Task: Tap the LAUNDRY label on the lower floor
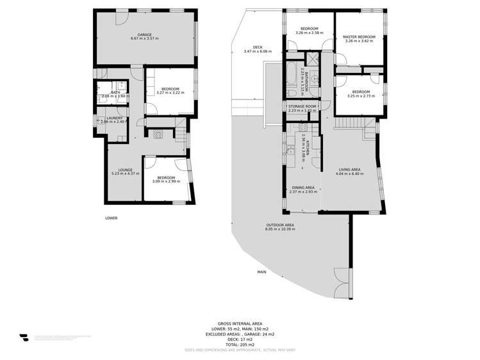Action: click(115, 118)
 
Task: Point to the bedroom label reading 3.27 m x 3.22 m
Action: click(170, 92)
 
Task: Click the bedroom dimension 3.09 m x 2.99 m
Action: click(166, 181)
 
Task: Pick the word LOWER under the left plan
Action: click(112, 218)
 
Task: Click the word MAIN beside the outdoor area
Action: click(261, 272)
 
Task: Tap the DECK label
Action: click(257, 47)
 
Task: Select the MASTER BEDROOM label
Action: click(358, 37)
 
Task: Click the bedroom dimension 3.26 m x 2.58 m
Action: click(310, 33)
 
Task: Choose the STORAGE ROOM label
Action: click(302, 106)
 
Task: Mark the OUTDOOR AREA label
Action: click(280, 225)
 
